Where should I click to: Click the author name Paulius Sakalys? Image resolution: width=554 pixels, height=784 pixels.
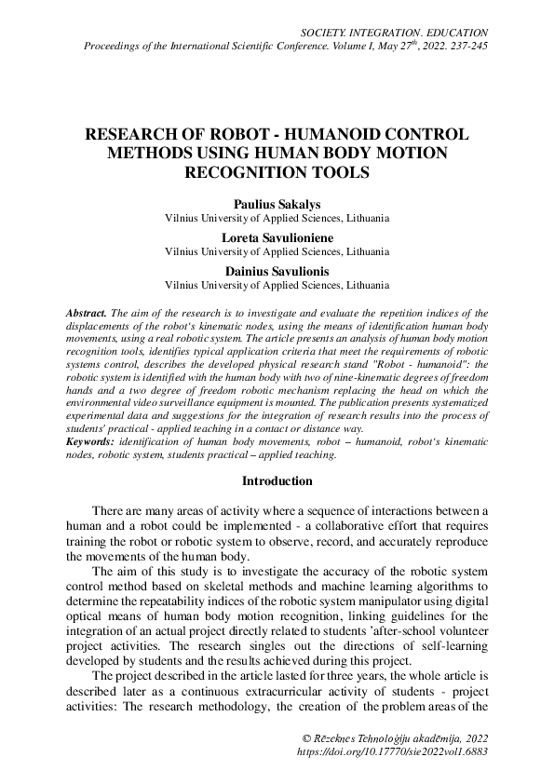click(x=277, y=204)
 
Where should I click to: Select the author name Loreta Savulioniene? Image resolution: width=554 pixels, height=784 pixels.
click(x=277, y=237)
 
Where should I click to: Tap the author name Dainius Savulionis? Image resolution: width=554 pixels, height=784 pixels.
click(x=277, y=271)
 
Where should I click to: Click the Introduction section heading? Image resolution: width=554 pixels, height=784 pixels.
click(x=277, y=481)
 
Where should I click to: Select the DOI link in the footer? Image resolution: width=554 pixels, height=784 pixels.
click(x=390, y=750)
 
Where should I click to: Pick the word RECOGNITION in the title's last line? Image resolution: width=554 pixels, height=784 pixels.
click(x=254, y=172)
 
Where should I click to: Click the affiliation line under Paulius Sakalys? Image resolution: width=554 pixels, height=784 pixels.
click(x=277, y=218)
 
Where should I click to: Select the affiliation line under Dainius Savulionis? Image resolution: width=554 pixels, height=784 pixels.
click(x=277, y=285)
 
